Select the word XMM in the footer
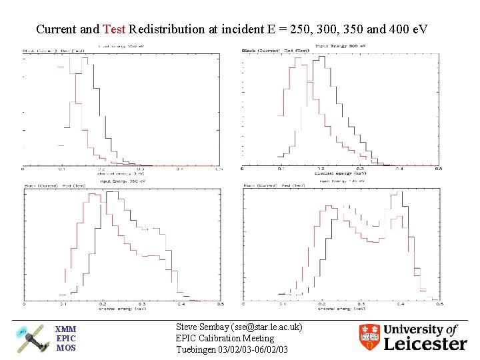(x=65, y=329)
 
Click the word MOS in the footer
(x=65, y=347)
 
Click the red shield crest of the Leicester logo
(x=369, y=337)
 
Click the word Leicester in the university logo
(x=425, y=344)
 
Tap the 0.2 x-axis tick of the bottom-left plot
(x=102, y=304)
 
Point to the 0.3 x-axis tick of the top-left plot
(x=141, y=169)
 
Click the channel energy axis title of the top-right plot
(x=340, y=174)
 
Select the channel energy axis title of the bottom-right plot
(x=341, y=309)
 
